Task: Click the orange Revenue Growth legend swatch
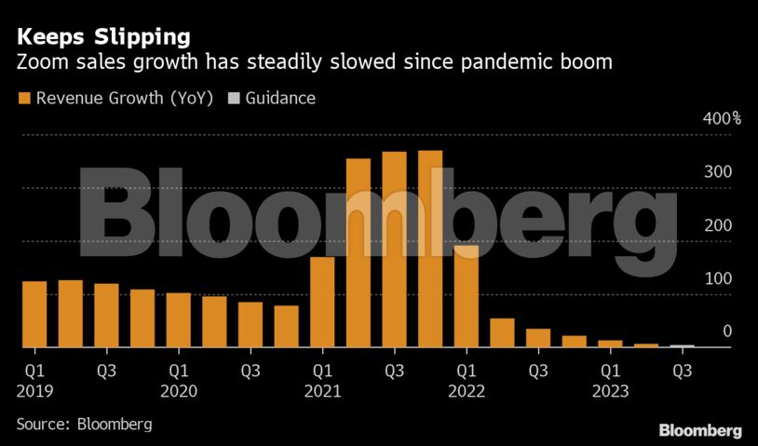click(23, 98)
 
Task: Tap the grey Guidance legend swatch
click(234, 98)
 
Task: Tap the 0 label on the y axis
click(727, 331)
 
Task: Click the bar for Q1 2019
click(34, 314)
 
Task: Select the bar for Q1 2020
click(178, 319)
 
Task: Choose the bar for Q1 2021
click(322, 302)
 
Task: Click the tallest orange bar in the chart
click(429, 249)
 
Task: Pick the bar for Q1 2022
click(466, 296)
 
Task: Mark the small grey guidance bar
click(682, 345)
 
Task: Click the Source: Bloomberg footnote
click(84, 425)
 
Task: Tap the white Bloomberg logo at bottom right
click(699, 430)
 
